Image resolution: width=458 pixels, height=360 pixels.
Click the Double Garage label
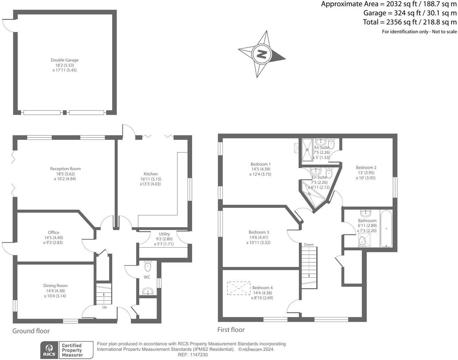pyautogui.click(x=65, y=60)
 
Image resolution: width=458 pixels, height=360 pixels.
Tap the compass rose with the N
pyautogui.click(x=261, y=54)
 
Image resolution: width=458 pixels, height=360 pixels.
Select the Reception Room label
pyautogui.click(x=65, y=169)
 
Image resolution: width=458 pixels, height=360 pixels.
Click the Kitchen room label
pyautogui.click(x=151, y=174)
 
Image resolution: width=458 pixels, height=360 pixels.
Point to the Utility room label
pyautogui.click(x=164, y=234)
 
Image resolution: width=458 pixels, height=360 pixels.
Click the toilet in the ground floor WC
pyautogui.click(x=148, y=267)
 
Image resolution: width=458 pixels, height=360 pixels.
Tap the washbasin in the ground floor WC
pyautogui.click(x=148, y=291)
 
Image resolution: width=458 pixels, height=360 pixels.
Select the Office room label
pyautogui.click(x=53, y=232)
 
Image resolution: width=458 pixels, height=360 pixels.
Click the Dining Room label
pyautogui.click(x=56, y=286)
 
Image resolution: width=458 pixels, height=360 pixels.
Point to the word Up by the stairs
pyautogui.click(x=104, y=307)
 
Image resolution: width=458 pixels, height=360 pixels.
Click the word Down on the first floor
pyautogui.click(x=309, y=245)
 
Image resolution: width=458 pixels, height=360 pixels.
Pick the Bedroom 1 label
pyautogui.click(x=260, y=164)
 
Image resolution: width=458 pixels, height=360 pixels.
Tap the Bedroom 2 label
pyautogui.click(x=366, y=167)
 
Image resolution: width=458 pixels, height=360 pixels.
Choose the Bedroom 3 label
pyautogui.click(x=259, y=232)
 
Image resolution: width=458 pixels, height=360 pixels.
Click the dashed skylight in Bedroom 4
pyautogui.click(x=239, y=288)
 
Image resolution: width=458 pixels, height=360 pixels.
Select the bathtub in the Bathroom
pyautogui.click(x=386, y=228)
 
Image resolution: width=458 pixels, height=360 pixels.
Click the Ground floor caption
pyautogui.click(x=31, y=331)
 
